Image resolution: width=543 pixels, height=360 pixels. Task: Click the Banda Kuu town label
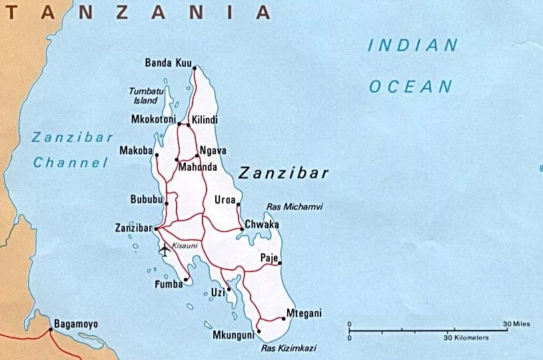click(x=167, y=63)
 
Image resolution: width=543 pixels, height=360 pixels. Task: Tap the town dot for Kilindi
click(x=189, y=125)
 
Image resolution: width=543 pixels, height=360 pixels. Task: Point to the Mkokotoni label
click(x=153, y=120)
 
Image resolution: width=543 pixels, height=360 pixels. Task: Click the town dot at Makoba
click(x=157, y=155)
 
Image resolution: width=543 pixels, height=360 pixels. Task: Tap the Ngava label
click(x=213, y=151)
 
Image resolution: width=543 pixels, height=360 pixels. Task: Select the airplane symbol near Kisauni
click(x=165, y=250)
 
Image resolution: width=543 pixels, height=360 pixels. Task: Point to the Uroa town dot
click(x=239, y=205)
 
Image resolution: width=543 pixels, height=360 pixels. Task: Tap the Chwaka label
click(x=262, y=225)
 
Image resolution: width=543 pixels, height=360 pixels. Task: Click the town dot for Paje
click(x=280, y=263)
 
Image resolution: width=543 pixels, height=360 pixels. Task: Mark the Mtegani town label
click(x=304, y=313)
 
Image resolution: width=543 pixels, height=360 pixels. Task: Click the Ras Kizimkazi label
click(x=288, y=348)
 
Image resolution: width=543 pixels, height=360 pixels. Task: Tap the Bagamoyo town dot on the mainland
click(x=51, y=329)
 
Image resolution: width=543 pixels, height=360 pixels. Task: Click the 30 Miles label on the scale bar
click(x=516, y=324)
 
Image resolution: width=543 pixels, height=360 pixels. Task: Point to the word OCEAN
click(x=410, y=86)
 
